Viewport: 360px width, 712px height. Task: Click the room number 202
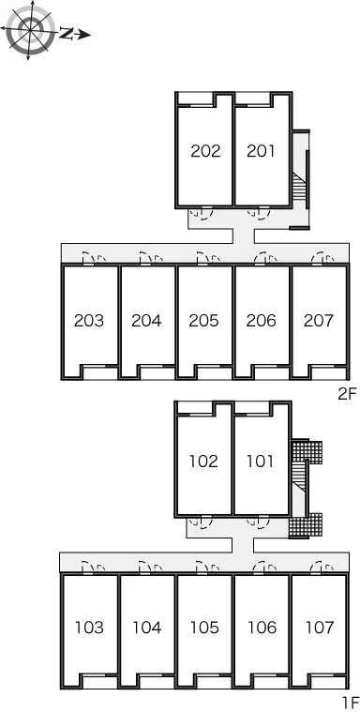pyautogui.click(x=205, y=151)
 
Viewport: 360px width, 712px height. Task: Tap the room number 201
pyautogui.click(x=261, y=151)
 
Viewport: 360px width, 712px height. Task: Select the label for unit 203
pyautogui.click(x=89, y=321)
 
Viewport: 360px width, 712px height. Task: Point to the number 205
pyautogui.click(x=204, y=321)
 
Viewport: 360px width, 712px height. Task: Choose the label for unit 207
pyautogui.click(x=319, y=321)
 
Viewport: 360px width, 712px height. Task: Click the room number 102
pyautogui.click(x=203, y=462)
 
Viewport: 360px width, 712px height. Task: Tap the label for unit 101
pyautogui.click(x=260, y=462)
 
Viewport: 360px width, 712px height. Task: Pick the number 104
pyautogui.click(x=147, y=628)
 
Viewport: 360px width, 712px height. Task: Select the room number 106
pyautogui.click(x=262, y=628)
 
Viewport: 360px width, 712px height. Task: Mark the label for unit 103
pyautogui.click(x=89, y=628)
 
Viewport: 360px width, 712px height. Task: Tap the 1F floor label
pyautogui.click(x=350, y=703)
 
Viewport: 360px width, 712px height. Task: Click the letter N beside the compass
pyautogui.click(x=67, y=33)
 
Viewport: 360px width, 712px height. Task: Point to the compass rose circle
pyautogui.click(x=30, y=30)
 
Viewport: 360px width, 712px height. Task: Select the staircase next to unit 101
pyautogui.click(x=299, y=480)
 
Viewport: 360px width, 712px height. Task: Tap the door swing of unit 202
pyautogui.click(x=202, y=213)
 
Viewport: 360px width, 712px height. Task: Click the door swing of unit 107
pyautogui.click(x=322, y=567)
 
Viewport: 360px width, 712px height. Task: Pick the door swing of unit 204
pyautogui.click(x=151, y=257)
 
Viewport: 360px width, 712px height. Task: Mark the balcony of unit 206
pyautogui.click(x=271, y=372)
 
